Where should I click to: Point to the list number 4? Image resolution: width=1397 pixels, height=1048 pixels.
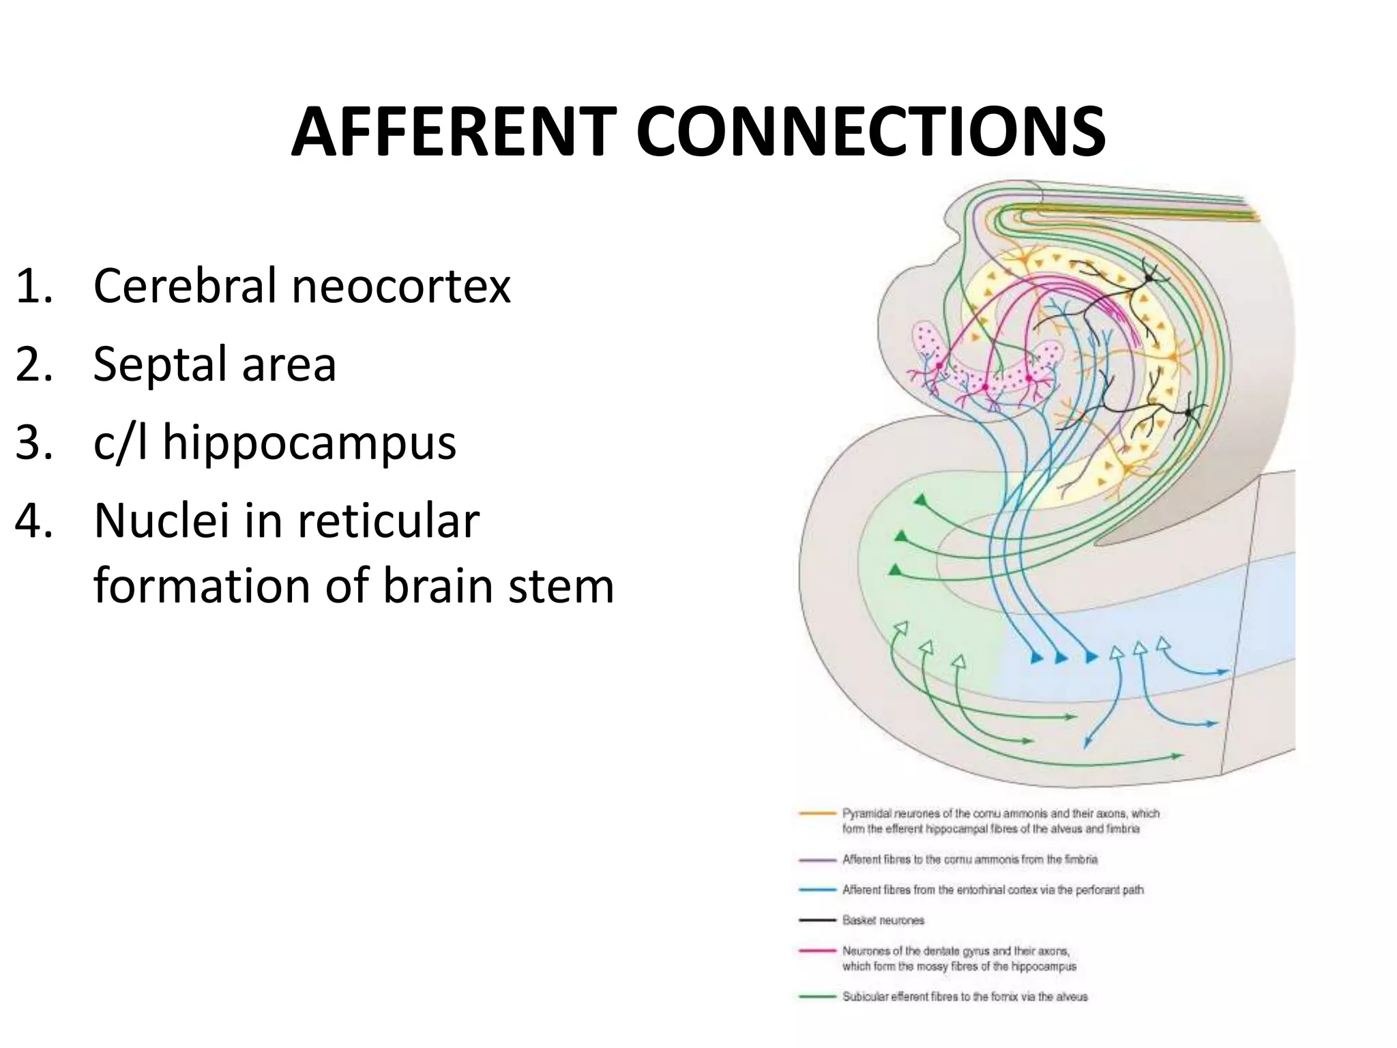[33, 521]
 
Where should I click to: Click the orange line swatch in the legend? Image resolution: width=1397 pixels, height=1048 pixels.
[817, 813]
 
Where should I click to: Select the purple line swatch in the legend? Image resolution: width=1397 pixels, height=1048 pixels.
[817, 860]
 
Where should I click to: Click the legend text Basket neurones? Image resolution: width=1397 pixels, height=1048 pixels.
[883, 920]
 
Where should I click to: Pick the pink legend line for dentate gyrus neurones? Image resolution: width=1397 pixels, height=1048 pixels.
[817, 950]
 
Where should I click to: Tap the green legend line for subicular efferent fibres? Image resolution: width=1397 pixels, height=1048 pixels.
[817, 997]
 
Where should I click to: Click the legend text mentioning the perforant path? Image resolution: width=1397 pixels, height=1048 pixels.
[992, 890]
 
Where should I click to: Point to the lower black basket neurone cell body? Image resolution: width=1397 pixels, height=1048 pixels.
[1189, 413]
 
